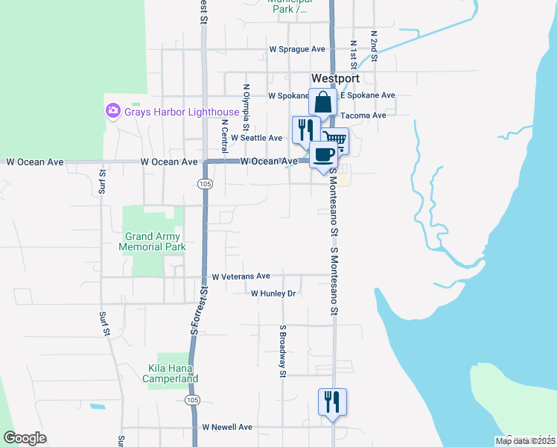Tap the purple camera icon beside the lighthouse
tap(113, 111)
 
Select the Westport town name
tap(335, 78)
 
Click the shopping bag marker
tap(323, 103)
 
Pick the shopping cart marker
tap(335, 139)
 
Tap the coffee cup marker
tap(324, 155)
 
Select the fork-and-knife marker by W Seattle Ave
tap(306, 130)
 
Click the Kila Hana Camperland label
tap(171, 373)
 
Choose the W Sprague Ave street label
tap(297, 49)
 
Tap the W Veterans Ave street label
tap(241, 276)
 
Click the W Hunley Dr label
tap(273, 294)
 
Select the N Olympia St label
tap(246, 105)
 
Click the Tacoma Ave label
tap(363, 115)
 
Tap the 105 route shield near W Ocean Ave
tap(204, 183)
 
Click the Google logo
tap(25, 438)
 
